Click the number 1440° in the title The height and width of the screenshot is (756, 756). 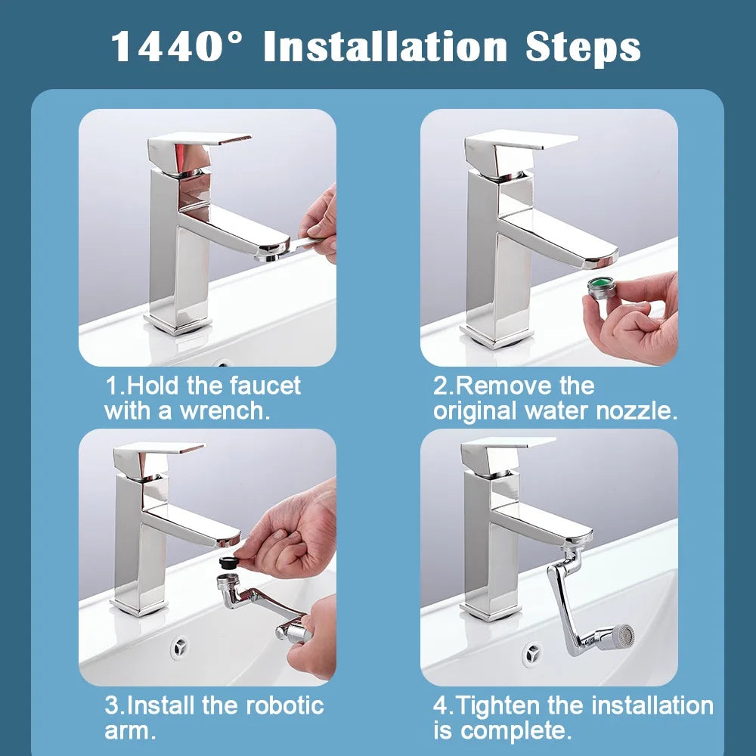tap(178, 46)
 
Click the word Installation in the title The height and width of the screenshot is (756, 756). tap(386, 46)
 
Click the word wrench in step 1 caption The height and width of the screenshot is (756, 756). tap(225, 411)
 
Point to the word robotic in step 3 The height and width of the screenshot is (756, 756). tap(283, 705)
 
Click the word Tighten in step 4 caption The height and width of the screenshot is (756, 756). tap(499, 705)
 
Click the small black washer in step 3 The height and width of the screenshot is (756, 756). tap(227, 562)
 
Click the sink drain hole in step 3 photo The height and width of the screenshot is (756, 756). tap(180, 646)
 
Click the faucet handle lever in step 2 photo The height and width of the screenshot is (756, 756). tap(522, 140)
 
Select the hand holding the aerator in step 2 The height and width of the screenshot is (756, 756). tap(635, 318)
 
